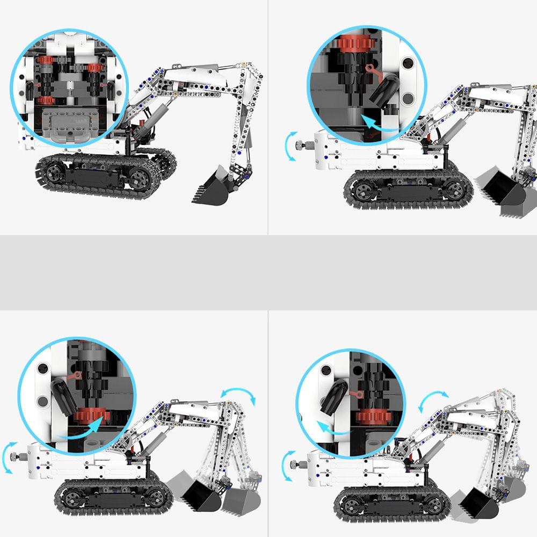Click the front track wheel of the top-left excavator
coord(139,178)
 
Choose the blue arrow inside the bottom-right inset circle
coord(329,427)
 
